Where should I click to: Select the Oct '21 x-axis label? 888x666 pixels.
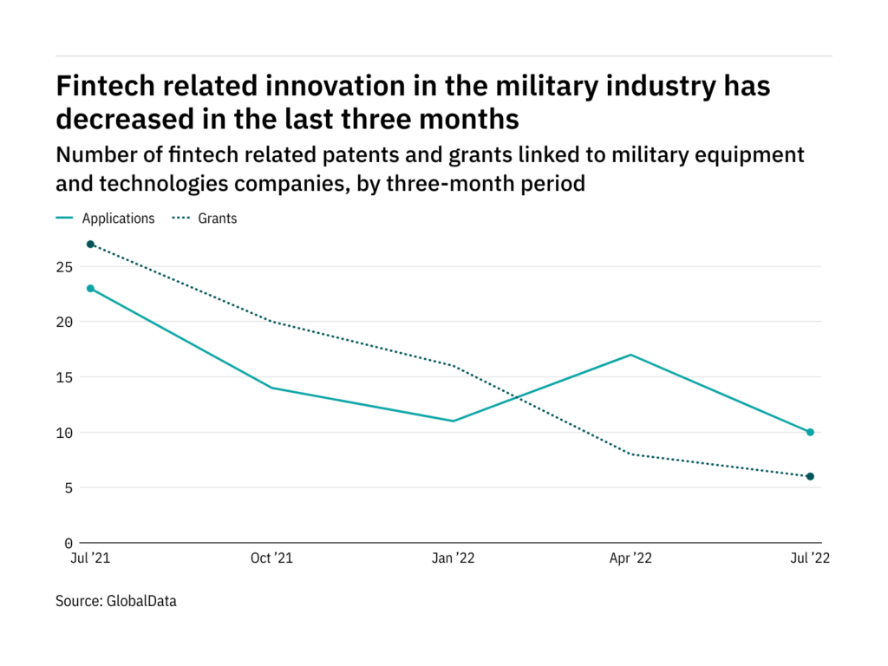click(271, 559)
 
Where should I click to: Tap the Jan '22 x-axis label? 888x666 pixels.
click(453, 559)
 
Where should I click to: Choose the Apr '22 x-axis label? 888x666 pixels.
click(631, 559)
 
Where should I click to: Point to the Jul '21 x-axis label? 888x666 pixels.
click(90, 559)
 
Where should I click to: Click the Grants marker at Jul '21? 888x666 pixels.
click(90, 244)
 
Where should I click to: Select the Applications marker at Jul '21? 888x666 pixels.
click(90, 288)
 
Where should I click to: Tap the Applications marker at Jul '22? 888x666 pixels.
click(810, 432)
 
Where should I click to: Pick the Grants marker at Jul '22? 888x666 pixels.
click(810, 476)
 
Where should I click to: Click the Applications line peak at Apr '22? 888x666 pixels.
click(630, 355)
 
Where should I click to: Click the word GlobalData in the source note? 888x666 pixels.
click(142, 600)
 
